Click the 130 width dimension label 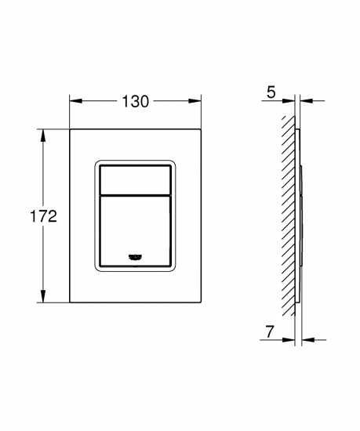135,101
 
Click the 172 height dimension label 43,216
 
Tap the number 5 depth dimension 271,92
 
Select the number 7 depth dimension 270,331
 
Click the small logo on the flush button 135,257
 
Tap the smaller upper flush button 135,180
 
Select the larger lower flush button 135,231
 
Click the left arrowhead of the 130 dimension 76,101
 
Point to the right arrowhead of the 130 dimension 195,101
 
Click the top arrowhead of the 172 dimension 43,136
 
